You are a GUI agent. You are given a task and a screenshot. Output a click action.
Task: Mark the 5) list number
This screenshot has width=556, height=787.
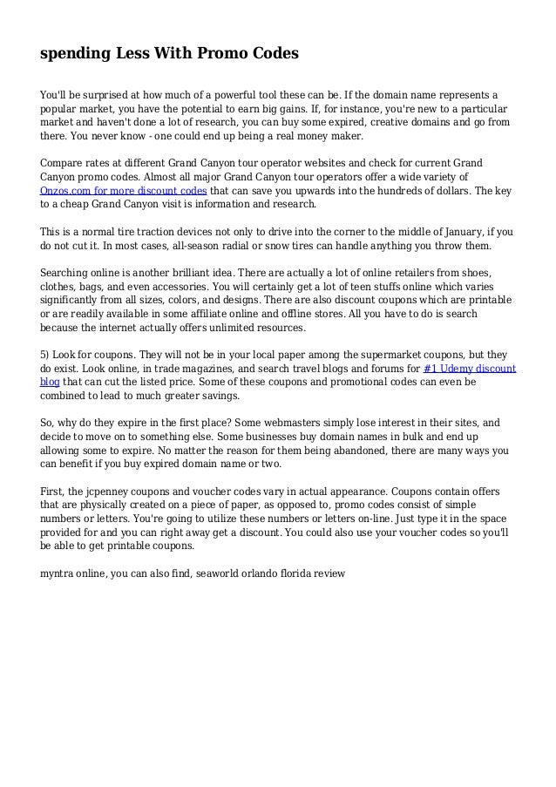[x=46, y=356]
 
